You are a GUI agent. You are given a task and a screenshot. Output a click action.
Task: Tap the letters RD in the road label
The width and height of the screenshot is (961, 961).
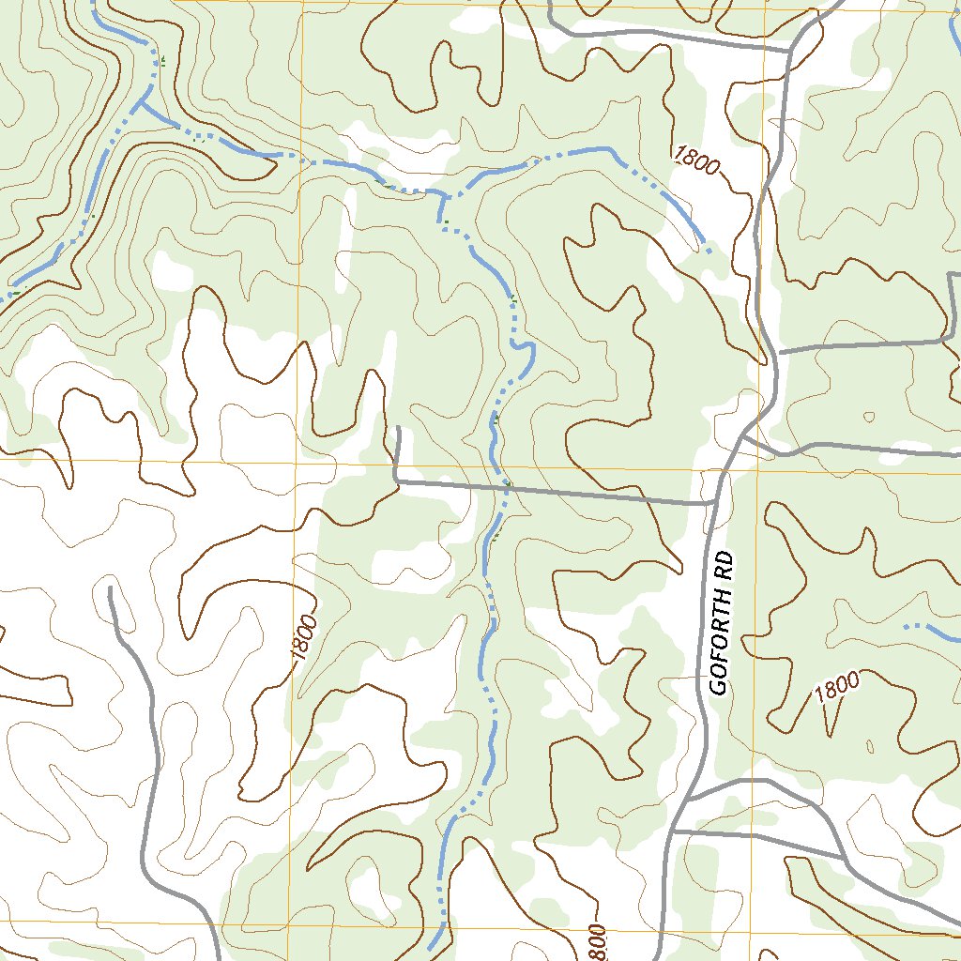(725, 571)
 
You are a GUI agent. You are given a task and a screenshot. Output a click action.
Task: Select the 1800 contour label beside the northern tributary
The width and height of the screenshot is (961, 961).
(695, 160)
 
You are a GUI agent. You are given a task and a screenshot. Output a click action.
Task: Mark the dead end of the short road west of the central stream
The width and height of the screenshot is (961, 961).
(398, 429)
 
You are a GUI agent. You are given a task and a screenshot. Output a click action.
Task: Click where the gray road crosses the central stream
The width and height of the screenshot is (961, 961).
(504, 488)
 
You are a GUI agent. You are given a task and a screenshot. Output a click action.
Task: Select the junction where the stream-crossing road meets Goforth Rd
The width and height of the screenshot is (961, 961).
(713, 503)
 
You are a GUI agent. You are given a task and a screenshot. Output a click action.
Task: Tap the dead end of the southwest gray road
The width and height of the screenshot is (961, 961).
(111, 589)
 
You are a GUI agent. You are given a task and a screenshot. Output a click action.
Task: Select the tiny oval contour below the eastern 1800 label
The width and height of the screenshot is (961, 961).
(870, 747)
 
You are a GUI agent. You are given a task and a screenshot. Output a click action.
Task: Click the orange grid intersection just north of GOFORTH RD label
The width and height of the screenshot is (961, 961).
(757, 469)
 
